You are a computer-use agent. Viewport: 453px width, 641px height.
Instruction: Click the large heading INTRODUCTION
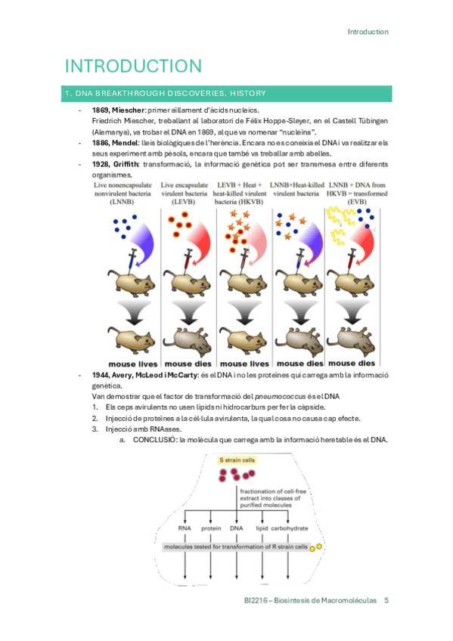(133, 66)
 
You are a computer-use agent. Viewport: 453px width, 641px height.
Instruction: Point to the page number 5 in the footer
(386, 601)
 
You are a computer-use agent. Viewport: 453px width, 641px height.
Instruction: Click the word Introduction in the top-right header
(368, 32)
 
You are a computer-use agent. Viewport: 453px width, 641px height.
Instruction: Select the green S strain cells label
(238, 460)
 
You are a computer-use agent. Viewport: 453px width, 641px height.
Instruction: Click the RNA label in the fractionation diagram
(184, 528)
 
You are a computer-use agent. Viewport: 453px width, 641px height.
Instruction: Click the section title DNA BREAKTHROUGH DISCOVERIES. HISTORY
(164, 94)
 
